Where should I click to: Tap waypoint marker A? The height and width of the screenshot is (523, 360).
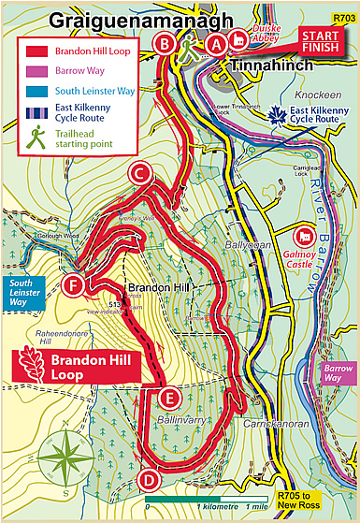click(x=216, y=43)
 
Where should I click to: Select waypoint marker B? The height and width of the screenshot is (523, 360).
click(x=166, y=43)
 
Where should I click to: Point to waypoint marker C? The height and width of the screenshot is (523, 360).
click(x=140, y=173)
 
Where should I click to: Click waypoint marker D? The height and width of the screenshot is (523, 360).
click(x=147, y=481)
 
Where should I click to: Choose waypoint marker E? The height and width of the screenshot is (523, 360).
click(x=167, y=399)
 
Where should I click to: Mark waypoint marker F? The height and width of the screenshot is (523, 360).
click(x=75, y=284)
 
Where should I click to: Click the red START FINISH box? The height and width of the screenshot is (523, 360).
click(x=321, y=40)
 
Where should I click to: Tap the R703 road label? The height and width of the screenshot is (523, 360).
click(x=343, y=17)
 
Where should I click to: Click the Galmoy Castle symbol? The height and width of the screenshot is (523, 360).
click(x=306, y=239)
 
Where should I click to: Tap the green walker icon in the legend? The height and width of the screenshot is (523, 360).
click(x=36, y=138)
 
